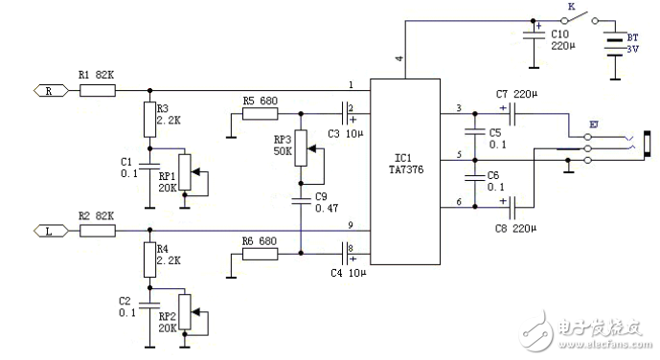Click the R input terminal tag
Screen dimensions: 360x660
coord(49,91)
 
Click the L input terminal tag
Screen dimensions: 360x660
coord(49,230)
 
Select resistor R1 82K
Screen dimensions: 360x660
coord(98,91)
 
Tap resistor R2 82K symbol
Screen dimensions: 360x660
coord(98,230)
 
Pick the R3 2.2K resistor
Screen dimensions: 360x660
coord(149,121)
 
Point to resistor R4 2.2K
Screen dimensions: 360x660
coord(149,259)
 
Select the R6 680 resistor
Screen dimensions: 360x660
coord(261,253)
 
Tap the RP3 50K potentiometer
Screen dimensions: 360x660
coord(302,146)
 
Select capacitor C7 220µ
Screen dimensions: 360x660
coord(513,115)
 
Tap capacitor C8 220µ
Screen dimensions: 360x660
coord(513,204)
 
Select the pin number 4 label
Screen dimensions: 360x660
coord(398,59)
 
